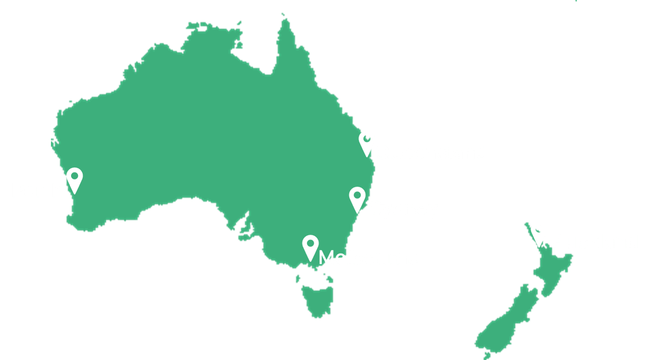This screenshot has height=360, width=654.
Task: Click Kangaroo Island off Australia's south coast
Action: click(243, 238)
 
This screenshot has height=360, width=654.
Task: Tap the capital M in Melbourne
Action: click(326, 258)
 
